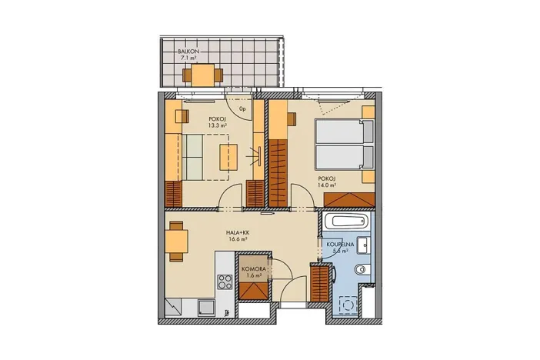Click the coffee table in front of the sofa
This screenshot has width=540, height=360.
click(x=228, y=157)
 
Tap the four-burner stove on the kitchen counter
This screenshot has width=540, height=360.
click(x=225, y=282)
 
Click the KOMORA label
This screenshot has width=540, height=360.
click(x=253, y=269)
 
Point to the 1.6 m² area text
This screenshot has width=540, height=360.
click(x=254, y=275)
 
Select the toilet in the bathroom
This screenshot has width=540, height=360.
click(x=363, y=269)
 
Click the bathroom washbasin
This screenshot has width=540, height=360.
click(x=365, y=245)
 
